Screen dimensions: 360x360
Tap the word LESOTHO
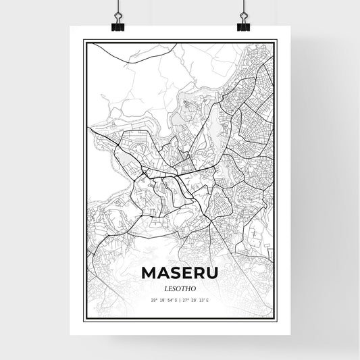(x=180, y=286)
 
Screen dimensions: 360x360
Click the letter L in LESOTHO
(x=164, y=286)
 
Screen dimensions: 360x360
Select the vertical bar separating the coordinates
(x=180, y=299)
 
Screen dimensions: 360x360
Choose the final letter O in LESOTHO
(x=196, y=286)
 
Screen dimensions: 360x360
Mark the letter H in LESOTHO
(x=189, y=286)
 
